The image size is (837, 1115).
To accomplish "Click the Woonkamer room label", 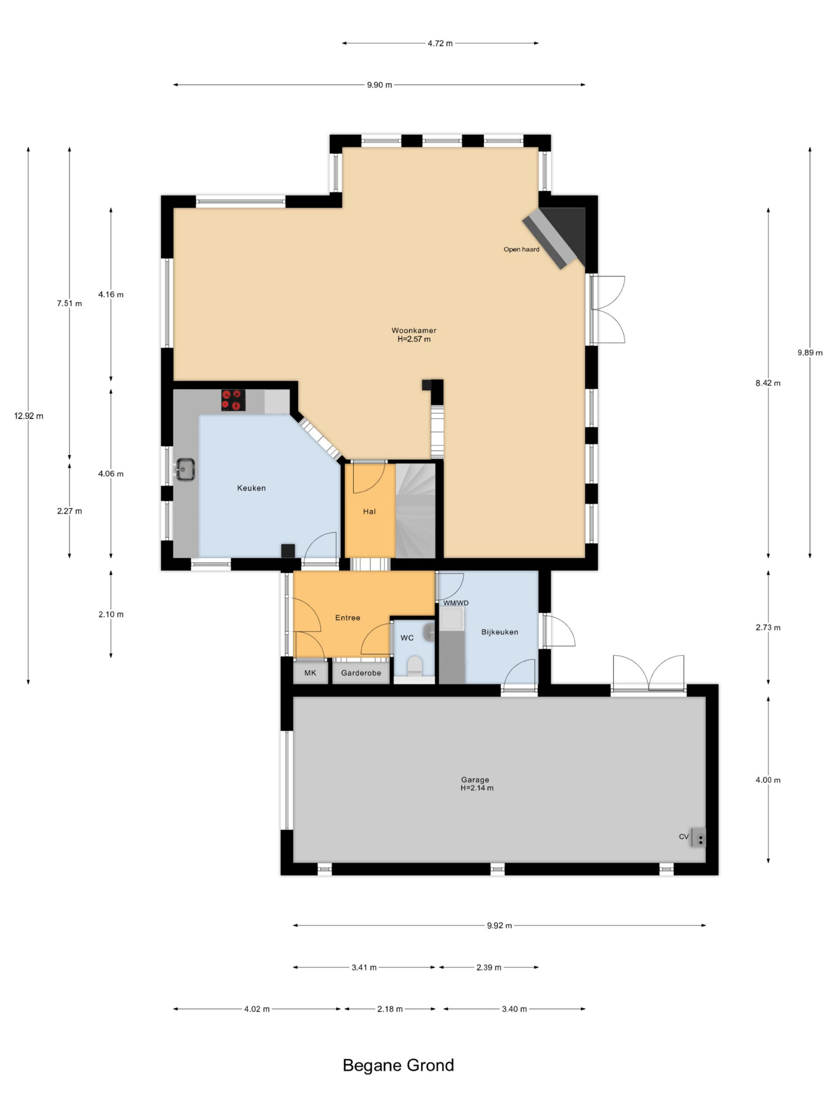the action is (x=414, y=331).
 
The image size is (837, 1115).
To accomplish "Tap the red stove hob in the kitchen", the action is (x=234, y=400).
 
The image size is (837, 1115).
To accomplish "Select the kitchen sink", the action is (x=185, y=469).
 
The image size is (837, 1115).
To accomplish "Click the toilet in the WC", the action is (x=415, y=666).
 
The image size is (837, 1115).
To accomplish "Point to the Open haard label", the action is (x=521, y=249).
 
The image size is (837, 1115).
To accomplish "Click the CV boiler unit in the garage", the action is (x=699, y=837).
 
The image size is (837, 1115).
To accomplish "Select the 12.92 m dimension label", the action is (x=29, y=416).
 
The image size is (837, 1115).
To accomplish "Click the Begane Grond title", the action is (x=398, y=1065).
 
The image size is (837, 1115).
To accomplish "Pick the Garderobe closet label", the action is (x=361, y=673).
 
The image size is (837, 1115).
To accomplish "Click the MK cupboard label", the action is (x=310, y=673).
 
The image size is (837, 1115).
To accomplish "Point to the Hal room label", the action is (x=369, y=512).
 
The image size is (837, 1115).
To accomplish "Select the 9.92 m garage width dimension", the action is (x=500, y=926).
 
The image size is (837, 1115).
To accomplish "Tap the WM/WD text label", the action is (x=456, y=603).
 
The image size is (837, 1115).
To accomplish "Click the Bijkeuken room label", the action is (x=500, y=632).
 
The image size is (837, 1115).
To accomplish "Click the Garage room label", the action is (x=475, y=780).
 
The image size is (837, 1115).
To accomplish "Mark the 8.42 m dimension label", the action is (x=768, y=383).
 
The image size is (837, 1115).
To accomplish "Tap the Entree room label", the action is (x=347, y=618).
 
